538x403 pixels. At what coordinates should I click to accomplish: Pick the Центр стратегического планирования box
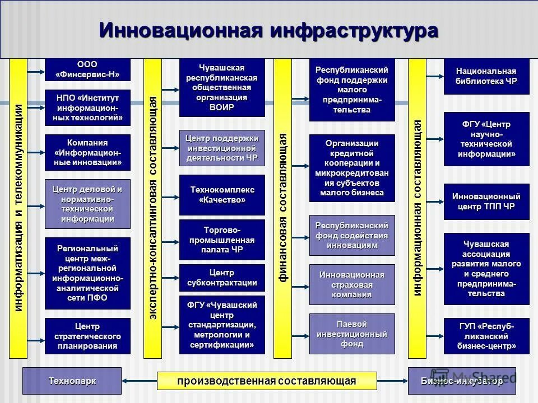[87, 336]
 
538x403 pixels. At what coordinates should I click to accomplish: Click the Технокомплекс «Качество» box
[222, 195]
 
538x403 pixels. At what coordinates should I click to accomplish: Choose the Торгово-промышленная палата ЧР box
[222, 240]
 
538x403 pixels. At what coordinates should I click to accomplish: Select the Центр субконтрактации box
[222, 278]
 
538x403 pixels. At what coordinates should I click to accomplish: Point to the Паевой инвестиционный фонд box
[352, 334]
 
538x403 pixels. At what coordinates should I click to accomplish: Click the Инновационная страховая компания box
[352, 284]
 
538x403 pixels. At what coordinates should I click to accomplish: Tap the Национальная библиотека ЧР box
[486, 76]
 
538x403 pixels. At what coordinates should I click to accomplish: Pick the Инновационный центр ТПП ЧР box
[486, 201]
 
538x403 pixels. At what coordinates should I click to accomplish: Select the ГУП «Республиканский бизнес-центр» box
[486, 336]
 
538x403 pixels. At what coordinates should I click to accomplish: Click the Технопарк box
[72, 381]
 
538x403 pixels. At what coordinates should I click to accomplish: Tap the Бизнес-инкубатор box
[461, 381]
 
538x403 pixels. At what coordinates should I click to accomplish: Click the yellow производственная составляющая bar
[267, 381]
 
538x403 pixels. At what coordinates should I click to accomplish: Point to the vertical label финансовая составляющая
[283, 207]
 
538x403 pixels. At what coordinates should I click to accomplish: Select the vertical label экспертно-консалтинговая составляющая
[153, 207]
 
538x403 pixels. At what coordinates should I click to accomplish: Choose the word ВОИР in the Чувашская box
[222, 107]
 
